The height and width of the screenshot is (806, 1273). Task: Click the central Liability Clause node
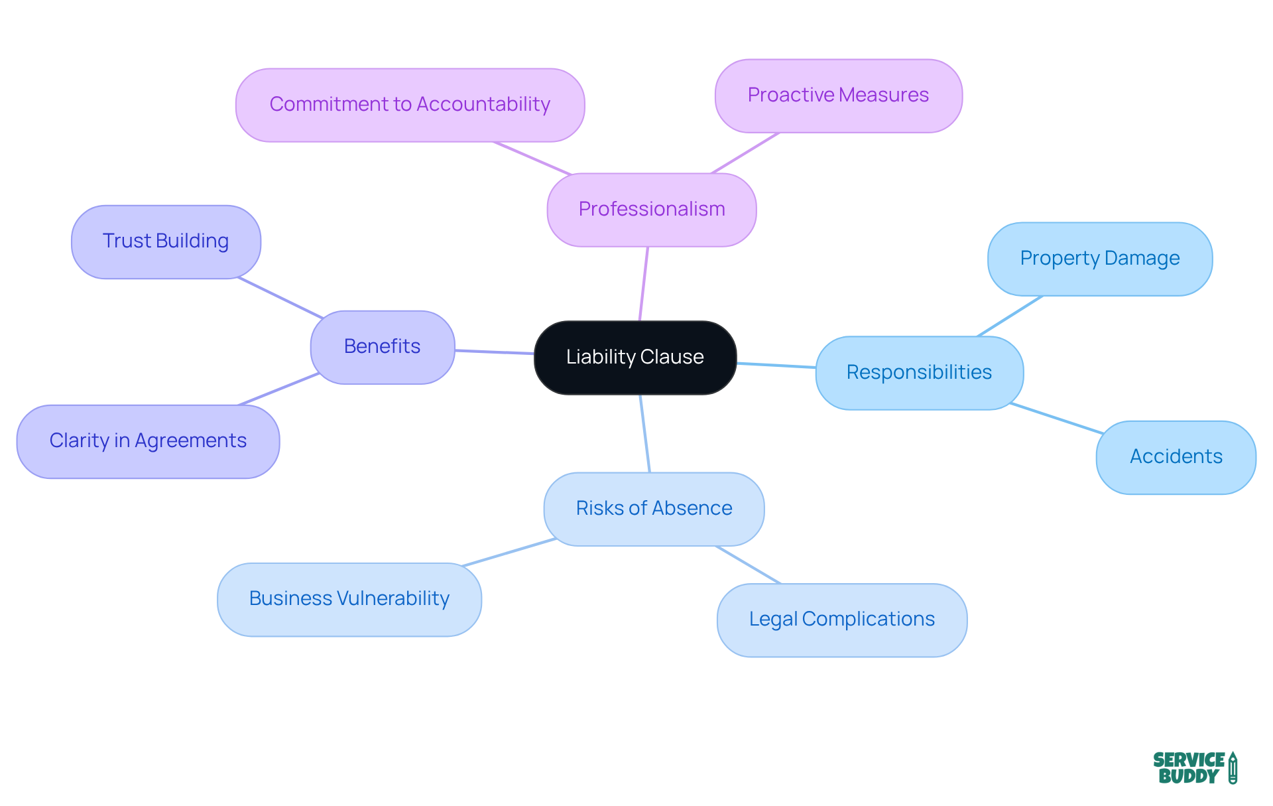(x=635, y=358)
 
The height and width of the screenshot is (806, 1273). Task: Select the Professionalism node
(x=652, y=210)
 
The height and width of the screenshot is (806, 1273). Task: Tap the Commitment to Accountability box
(x=410, y=105)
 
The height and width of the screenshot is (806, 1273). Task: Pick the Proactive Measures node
(x=838, y=96)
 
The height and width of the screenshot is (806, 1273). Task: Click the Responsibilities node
(x=919, y=373)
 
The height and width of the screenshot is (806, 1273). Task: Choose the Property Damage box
(x=1099, y=259)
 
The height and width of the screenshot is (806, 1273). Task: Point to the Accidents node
(x=1176, y=457)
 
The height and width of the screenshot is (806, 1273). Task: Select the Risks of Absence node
(x=654, y=509)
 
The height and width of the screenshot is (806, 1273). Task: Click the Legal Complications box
(x=841, y=620)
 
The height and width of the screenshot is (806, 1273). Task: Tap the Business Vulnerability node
(x=349, y=599)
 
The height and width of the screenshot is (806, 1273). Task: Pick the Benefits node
(x=383, y=347)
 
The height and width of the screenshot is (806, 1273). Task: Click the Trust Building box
(x=166, y=241)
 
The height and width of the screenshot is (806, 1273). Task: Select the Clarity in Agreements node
(x=148, y=441)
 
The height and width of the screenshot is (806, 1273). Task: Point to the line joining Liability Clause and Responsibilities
(x=776, y=365)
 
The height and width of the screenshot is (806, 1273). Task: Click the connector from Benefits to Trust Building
(x=280, y=298)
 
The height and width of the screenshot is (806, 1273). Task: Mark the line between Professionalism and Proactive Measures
(x=745, y=153)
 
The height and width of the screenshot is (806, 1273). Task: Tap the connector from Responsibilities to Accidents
(x=1056, y=418)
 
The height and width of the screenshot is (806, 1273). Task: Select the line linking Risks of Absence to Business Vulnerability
(x=509, y=553)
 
